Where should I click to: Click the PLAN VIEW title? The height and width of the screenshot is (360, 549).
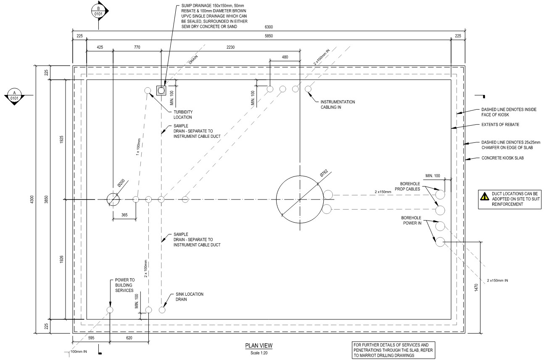pyautogui.click(x=259, y=346)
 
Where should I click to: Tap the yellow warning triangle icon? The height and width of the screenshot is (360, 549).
pyautogui.click(x=485, y=196)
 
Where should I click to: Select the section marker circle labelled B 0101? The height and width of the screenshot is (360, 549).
pyautogui.click(x=98, y=11)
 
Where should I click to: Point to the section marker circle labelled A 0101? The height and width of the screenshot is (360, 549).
pyautogui.click(x=14, y=95)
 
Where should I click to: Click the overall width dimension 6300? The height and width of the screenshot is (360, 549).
pyautogui.click(x=269, y=27)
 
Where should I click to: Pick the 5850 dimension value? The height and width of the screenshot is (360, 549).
pyautogui.click(x=269, y=36)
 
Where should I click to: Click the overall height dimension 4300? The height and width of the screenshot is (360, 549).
pyautogui.click(x=32, y=199)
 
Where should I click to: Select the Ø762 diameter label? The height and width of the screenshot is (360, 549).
pyautogui.click(x=324, y=173)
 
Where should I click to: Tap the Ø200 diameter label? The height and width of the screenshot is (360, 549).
pyautogui.click(x=121, y=183)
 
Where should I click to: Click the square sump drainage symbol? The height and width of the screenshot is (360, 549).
pyautogui.click(x=161, y=91)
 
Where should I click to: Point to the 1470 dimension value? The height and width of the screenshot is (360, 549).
pyautogui.click(x=476, y=287)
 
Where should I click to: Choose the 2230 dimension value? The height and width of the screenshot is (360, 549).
pyautogui.click(x=230, y=47)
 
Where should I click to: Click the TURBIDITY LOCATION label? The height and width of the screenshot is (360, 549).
pyautogui.click(x=183, y=115)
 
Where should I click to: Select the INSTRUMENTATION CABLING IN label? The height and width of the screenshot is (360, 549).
pyautogui.click(x=338, y=105)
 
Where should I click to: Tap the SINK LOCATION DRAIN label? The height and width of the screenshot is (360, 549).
pyautogui.click(x=190, y=297)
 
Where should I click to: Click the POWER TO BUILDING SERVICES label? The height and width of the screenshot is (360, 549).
pyautogui.click(x=125, y=285)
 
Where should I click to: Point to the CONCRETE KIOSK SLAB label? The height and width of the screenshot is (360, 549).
pyautogui.click(x=502, y=158)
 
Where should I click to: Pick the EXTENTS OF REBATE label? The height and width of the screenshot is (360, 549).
pyautogui.click(x=500, y=125)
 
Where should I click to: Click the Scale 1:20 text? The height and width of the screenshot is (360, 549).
pyautogui.click(x=259, y=353)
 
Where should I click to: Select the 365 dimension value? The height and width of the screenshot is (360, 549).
pyautogui.click(x=124, y=215)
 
